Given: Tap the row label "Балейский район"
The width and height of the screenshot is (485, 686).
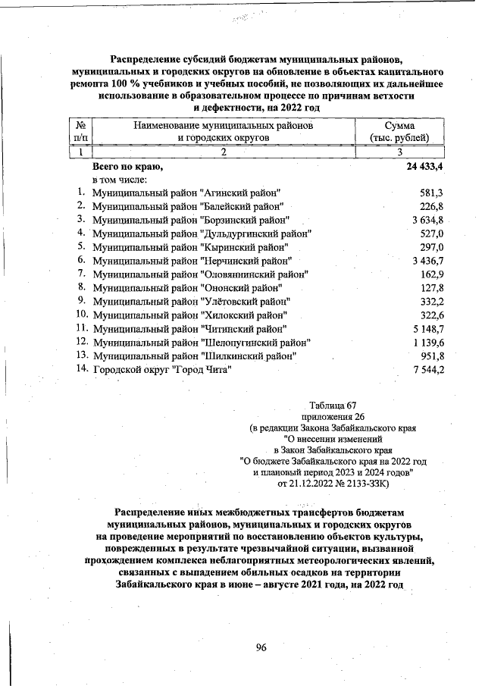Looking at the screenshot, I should pos(188,206).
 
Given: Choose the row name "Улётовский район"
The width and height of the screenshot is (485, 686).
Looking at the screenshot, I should pos(192,302).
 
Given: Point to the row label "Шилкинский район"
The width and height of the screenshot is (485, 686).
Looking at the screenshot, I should pos(194,356).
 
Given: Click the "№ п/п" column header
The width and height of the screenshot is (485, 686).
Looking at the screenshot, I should pos(80,130).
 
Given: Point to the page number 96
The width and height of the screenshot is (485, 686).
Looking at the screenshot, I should pos(261,647).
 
